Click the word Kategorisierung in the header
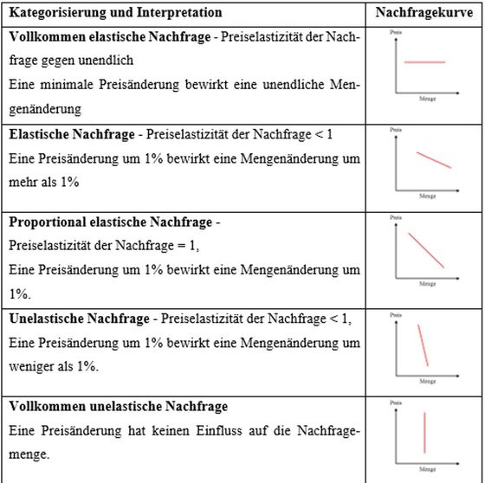[51, 13]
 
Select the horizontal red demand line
[424, 62]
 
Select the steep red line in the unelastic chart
[423, 344]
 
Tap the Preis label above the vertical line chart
[397, 402]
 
